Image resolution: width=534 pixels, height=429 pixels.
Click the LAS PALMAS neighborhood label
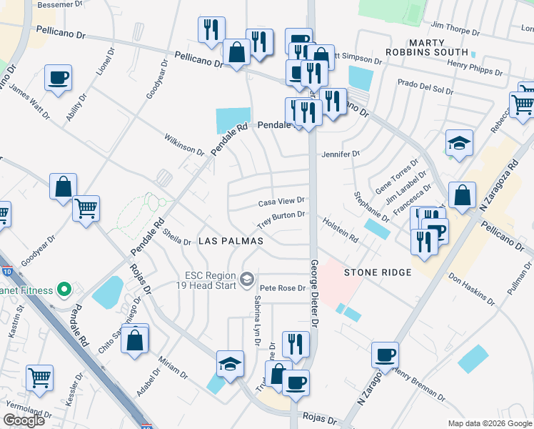coord(231,242)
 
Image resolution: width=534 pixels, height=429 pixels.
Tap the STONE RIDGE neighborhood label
coord(378,272)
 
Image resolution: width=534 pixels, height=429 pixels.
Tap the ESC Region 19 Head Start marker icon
coord(247,278)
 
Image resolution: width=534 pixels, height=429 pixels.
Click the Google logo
coord(25,420)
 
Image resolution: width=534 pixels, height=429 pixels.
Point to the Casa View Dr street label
coord(281,202)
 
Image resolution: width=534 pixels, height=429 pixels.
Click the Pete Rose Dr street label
coord(283,288)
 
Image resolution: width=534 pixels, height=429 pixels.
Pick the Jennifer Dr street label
coord(341,154)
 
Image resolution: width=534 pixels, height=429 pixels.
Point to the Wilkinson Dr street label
coord(183,143)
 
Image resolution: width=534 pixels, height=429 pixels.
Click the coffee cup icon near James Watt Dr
coord(58,77)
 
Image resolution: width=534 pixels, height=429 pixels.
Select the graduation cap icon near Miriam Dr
coord(231,363)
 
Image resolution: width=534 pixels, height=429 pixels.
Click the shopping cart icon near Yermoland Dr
coord(40,376)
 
